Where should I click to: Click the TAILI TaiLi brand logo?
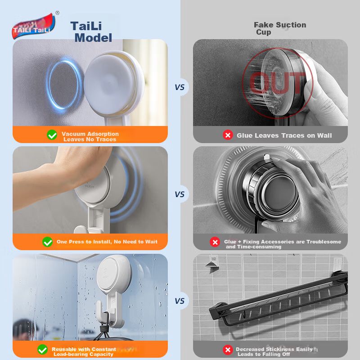point(33,26)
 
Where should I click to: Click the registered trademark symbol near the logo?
point(58,13)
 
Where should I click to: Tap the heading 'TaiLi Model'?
point(91,32)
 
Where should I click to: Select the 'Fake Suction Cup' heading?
point(279,28)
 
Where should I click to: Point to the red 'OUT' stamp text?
point(277,82)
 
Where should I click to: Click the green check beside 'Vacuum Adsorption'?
point(52,135)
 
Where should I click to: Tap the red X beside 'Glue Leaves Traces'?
point(228,135)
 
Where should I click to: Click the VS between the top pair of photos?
point(180,87)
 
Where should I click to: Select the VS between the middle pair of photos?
point(180,194)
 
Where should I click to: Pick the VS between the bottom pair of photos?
point(180,301)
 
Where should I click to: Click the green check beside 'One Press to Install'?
point(48,242)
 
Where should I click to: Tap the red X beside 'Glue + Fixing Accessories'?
point(215,242)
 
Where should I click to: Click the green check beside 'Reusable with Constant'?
point(42,350)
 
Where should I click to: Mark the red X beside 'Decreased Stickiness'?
point(228,350)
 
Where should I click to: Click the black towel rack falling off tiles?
point(278,298)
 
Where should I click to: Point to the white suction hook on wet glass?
point(110,289)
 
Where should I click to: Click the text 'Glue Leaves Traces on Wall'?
point(284,135)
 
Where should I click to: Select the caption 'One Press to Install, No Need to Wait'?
point(107,242)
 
